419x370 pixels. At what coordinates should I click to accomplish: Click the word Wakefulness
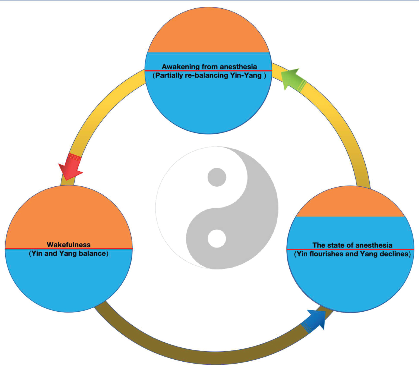pyautogui.click(x=69, y=245)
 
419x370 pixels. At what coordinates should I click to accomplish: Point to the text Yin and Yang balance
pyautogui.click(x=69, y=253)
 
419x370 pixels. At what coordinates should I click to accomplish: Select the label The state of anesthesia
pyautogui.click(x=352, y=245)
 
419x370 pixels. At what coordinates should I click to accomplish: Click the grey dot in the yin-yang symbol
pyautogui.click(x=217, y=177)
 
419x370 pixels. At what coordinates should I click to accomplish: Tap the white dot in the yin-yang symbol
pyautogui.click(x=217, y=239)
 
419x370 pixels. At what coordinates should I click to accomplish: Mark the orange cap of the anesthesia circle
pyautogui.click(x=350, y=202)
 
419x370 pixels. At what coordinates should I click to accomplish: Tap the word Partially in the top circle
pyautogui.click(x=169, y=75)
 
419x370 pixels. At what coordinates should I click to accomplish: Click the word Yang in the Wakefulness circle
pyautogui.click(x=67, y=253)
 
